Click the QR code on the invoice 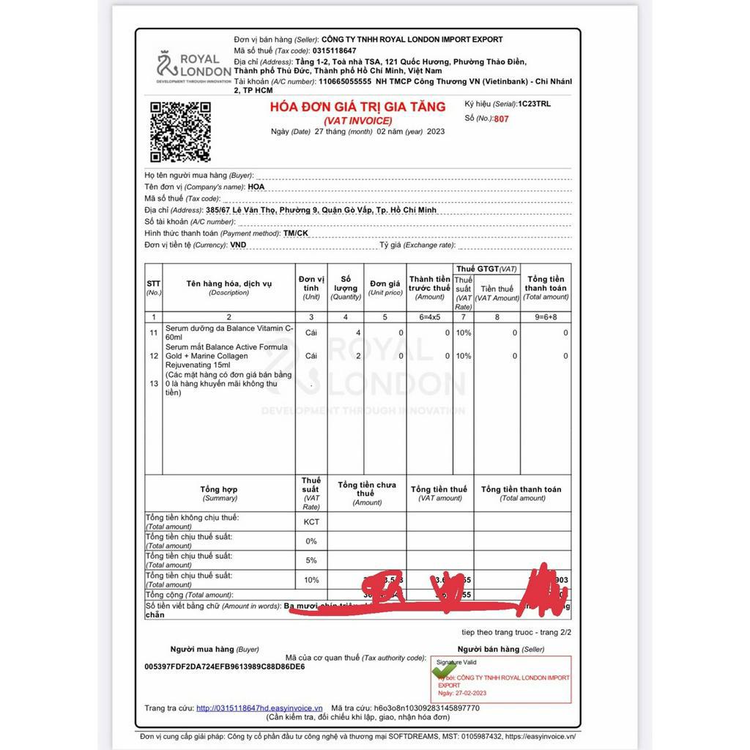click(x=180, y=132)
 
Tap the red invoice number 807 click(x=501, y=119)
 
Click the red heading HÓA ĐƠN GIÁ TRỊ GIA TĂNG click(x=357, y=107)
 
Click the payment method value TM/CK click(x=296, y=233)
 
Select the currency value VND click(x=238, y=245)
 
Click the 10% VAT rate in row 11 click(x=464, y=333)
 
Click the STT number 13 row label click(x=154, y=384)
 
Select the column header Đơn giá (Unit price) click(x=385, y=288)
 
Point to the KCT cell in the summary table click(x=311, y=522)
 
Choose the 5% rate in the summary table click(x=311, y=560)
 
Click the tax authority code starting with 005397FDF click(x=225, y=667)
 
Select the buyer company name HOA click(x=256, y=187)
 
